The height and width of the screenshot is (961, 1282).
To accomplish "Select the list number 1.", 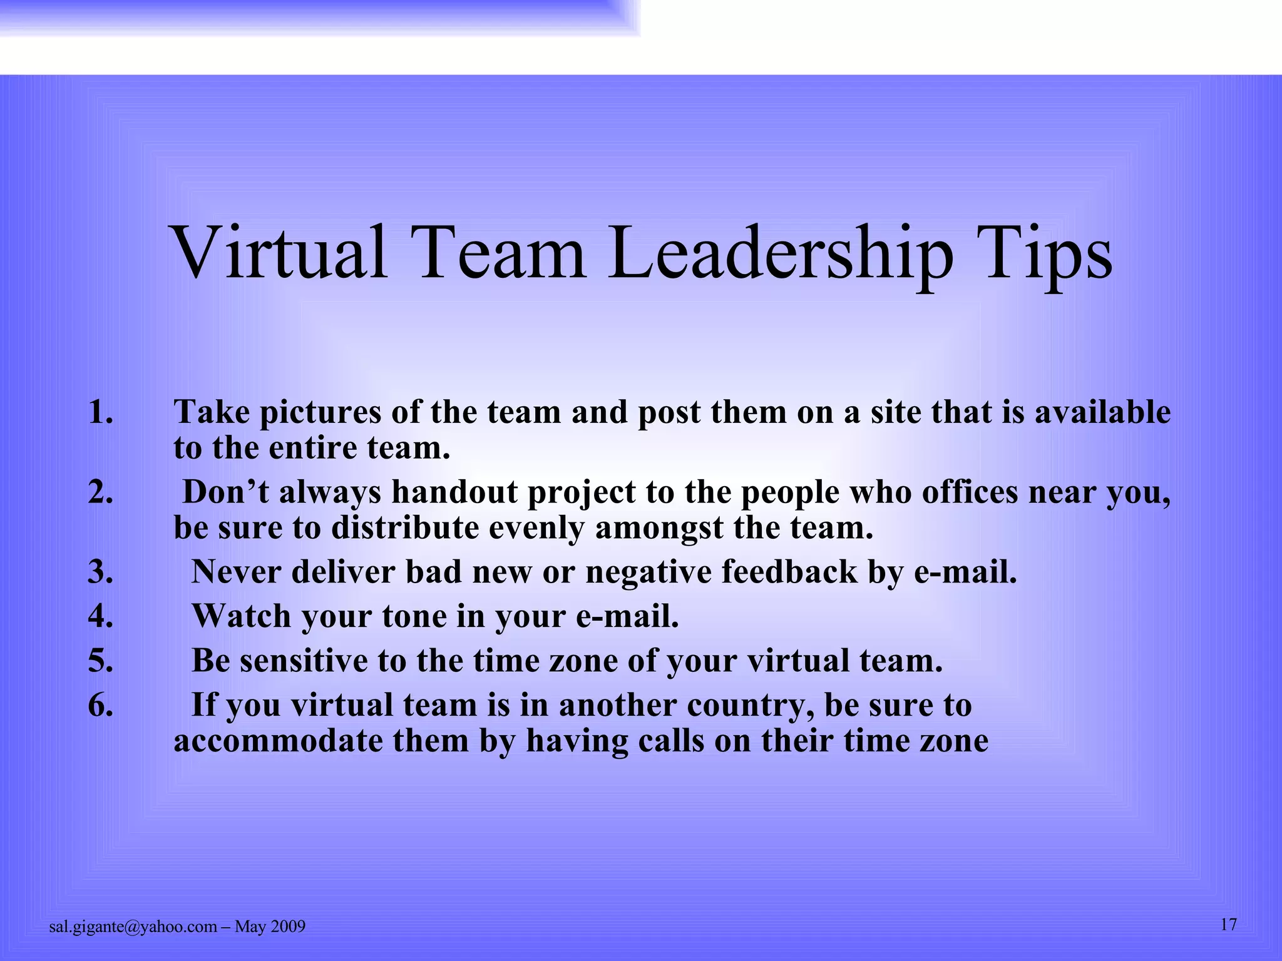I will [100, 412].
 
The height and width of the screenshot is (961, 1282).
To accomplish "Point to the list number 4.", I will [100, 616].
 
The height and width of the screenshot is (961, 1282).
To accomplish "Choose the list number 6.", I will [100, 705].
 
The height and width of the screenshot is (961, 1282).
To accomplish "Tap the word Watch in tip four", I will [242, 616].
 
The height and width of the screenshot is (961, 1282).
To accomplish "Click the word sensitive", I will [304, 661].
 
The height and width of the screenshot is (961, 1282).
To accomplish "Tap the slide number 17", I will [1229, 925].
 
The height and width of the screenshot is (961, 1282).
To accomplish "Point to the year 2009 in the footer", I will [288, 927].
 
